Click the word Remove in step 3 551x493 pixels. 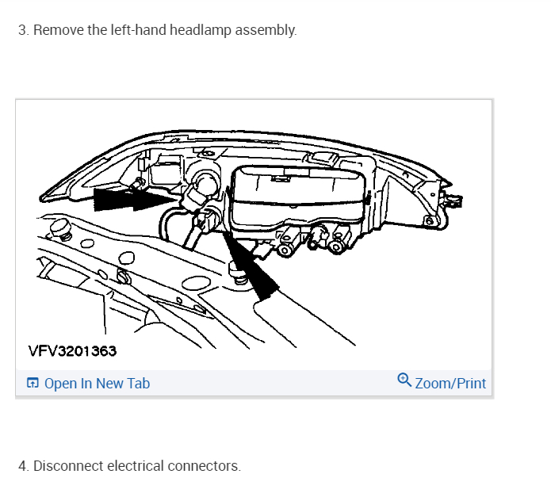tap(55, 31)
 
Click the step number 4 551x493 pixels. tap(22, 466)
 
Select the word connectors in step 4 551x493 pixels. tap(204, 466)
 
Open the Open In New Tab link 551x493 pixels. tap(97, 384)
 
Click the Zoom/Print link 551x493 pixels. tap(450, 384)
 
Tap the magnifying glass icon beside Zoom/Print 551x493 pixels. tap(404, 381)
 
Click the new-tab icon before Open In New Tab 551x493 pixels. tap(33, 384)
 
